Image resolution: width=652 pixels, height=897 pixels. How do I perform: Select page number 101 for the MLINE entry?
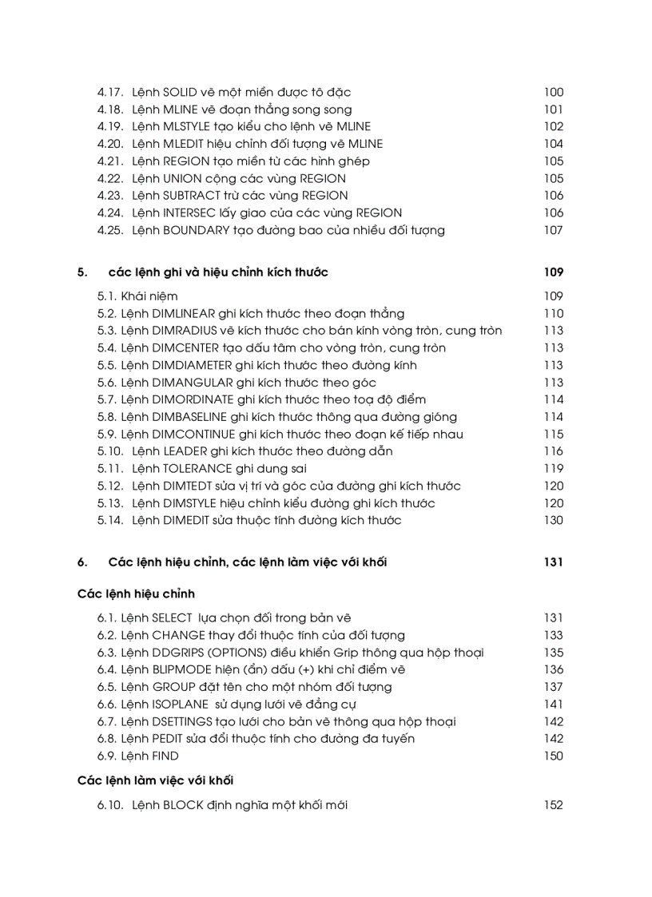tap(553, 109)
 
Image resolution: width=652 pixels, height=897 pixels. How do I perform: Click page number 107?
tap(553, 231)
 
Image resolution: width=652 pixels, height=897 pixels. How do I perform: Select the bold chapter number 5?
tap(81, 272)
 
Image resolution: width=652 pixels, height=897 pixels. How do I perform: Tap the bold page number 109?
tap(553, 272)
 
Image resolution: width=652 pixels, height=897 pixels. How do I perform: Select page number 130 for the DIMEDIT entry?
tap(553, 521)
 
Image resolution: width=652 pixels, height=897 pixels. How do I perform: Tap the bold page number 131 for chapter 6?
tap(553, 562)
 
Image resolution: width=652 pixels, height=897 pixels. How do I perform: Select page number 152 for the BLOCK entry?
tap(553, 805)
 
